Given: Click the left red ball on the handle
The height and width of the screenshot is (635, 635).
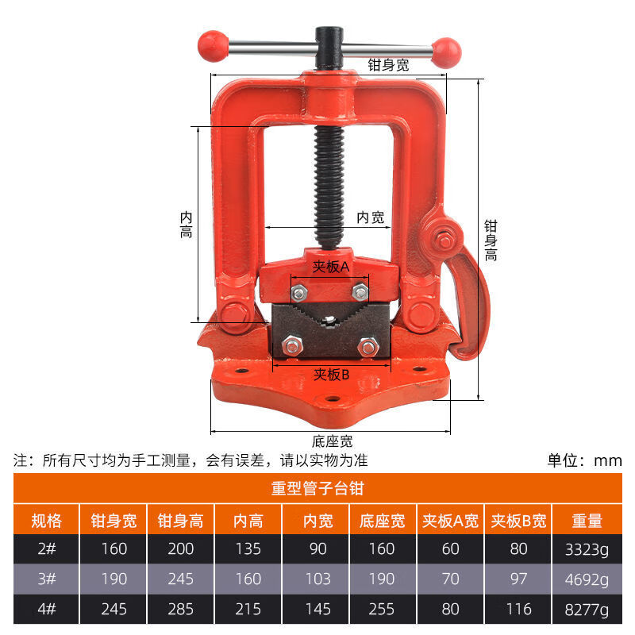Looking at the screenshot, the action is [x=213, y=46].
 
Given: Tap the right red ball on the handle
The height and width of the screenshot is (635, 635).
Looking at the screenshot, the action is [x=446, y=53].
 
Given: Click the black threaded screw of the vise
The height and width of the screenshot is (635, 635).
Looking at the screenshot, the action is [x=329, y=187].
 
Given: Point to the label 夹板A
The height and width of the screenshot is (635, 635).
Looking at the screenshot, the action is [x=330, y=267].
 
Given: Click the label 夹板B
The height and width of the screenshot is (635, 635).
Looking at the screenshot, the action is [x=331, y=375].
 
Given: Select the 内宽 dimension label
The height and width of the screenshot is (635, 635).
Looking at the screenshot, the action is [x=370, y=217].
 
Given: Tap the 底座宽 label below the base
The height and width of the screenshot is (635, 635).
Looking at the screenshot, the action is [x=332, y=441].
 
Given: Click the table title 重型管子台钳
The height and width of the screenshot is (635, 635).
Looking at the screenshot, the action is [x=317, y=488].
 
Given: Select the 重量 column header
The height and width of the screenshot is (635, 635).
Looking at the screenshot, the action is [x=587, y=521].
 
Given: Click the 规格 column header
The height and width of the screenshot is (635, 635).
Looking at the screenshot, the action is [x=47, y=521].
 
